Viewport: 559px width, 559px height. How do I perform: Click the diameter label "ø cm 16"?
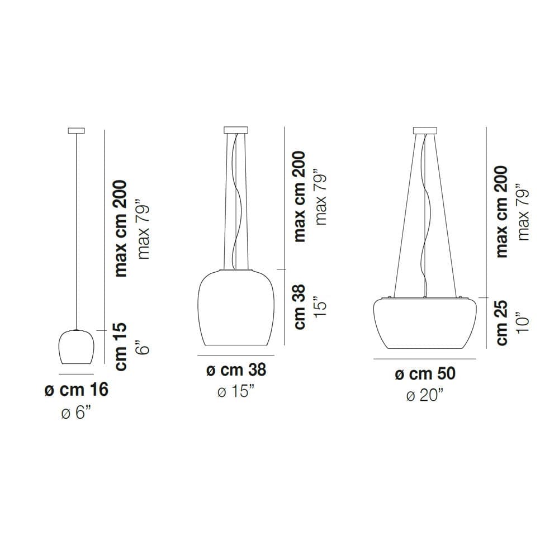tap(76, 389)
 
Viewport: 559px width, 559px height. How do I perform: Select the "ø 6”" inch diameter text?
tap(76, 413)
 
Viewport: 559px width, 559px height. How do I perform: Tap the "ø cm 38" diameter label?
tap(236, 369)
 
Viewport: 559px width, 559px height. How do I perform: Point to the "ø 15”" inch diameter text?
tap(236, 391)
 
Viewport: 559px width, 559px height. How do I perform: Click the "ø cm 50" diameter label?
tap(425, 373)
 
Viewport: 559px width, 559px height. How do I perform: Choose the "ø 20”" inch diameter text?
tap(425, 395)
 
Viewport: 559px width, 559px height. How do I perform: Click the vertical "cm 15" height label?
tap(121, 347)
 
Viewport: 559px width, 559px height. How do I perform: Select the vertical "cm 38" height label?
tap(300, 306)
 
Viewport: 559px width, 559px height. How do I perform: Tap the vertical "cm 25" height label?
tap(501, 323)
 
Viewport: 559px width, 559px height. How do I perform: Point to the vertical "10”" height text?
tap(522, 323)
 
